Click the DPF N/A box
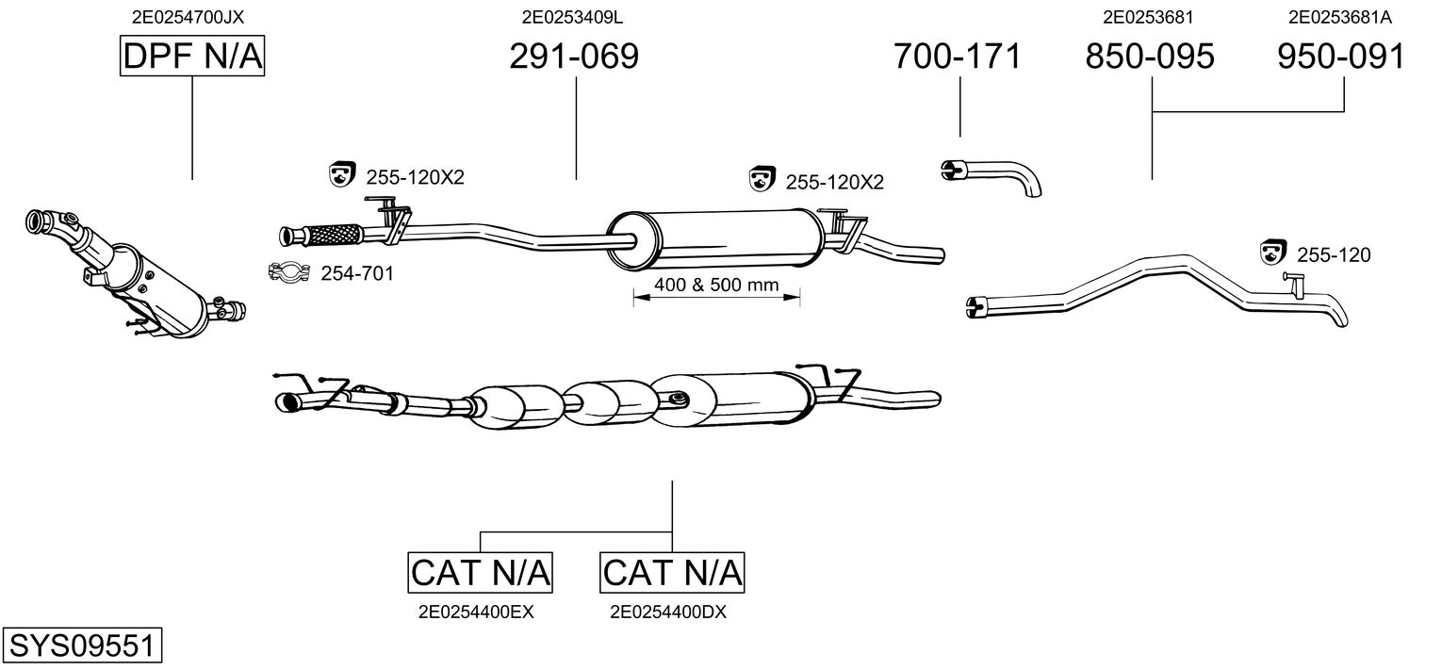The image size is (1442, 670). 193,57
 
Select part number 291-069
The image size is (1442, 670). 574,57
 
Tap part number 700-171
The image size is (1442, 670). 957,57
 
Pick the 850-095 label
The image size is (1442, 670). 1150,57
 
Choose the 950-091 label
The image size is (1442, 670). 1341,57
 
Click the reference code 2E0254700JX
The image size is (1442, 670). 189,16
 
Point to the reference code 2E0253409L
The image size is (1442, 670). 572,16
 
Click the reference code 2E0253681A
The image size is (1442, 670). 1339,16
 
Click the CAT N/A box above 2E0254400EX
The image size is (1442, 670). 481,572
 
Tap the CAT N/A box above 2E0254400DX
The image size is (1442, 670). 672,572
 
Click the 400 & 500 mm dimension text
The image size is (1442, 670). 714,285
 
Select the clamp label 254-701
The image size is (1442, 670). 357,273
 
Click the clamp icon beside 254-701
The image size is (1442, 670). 290,273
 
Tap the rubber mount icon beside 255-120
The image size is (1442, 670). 1274,253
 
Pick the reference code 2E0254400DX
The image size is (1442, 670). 668,612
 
